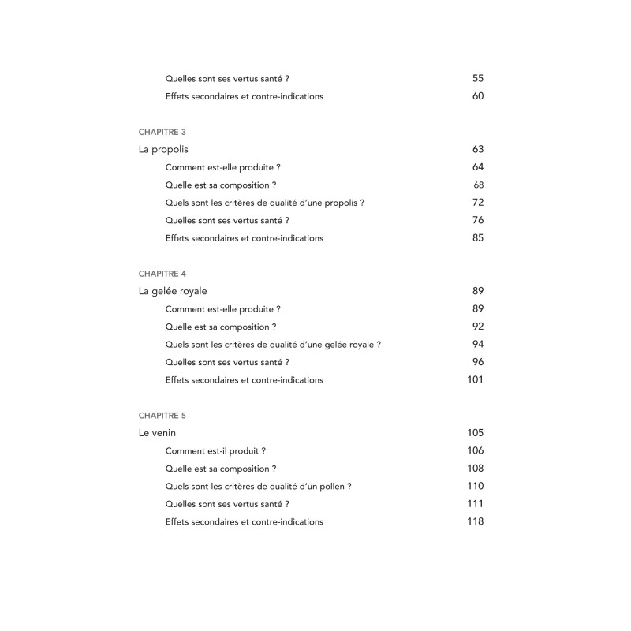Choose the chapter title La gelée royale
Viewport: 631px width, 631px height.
[x=173, y=291]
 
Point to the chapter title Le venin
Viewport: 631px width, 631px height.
[x=157, y=433]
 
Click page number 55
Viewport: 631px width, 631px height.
[x=478, y=78]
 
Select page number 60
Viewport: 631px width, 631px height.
[x=478, y=96]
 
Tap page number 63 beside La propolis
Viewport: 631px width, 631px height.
[x=478, y=149]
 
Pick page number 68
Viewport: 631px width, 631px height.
[x=479, y=185]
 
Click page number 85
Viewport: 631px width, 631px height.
[x=478, y=237]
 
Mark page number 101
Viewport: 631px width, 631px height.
[x=476, y=379]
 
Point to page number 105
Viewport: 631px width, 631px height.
[x=475, y=433]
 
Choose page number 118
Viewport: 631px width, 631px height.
[x=475, y=521]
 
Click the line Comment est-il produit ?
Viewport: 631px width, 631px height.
[x=215, y=451]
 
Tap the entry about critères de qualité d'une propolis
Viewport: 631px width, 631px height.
[x=265, y=203]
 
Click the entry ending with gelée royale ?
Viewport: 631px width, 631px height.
[x=273, y=345]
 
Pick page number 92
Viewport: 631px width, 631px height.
[x=478, y=327]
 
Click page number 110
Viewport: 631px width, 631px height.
[x=475, y=486]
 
